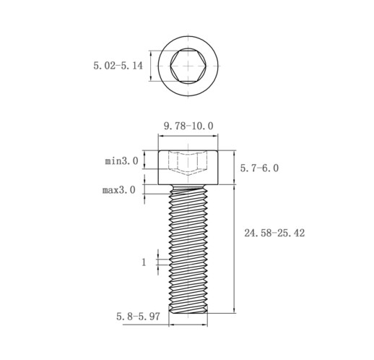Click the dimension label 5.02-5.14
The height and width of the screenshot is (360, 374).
pyautogui.click(x=118, y=66)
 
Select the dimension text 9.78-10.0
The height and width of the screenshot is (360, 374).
pyautogui.click(x=188, y=126)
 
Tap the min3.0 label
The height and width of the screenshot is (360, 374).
pyautogui.click(x=121, y=160)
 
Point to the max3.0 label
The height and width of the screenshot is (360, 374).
pyautogui.click(x=119, y=190)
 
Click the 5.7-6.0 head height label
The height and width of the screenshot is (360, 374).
pyautogui.click(x=259, y=168)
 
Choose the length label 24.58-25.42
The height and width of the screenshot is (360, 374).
pyautogui.click(x=274, y=233)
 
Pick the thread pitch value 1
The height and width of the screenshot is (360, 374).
pyautogui.click(x=144, y=262)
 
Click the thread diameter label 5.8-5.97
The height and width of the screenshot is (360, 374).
pyautogui.click(x=138, y=317)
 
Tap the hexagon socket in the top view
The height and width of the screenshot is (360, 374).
pyautogui.click(x=188, y=66)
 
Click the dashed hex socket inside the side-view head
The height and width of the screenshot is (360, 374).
pyautogui.click(x=188, y=163)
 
